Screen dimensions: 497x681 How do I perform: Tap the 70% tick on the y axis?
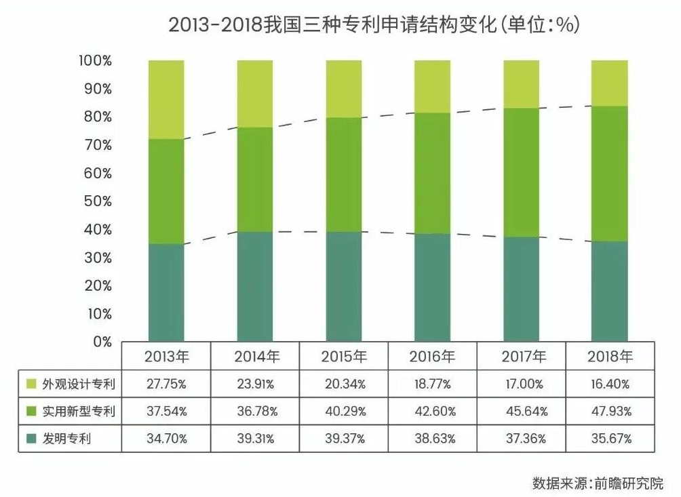(x=96, y=145)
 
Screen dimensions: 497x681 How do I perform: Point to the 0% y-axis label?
(x=102, y=342)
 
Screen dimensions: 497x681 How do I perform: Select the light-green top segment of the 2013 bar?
(x=166, y=99)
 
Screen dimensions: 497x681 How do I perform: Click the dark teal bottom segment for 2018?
(x=609, y=292)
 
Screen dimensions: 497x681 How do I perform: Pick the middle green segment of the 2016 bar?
(x=432, y=173)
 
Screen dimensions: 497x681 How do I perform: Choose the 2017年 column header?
(x=521, y=356)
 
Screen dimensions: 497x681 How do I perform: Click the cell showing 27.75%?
(x=166, y=384)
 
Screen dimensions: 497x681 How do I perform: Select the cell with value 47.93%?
(x=609, y=411)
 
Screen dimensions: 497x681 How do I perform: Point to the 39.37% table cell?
(x=344, y=439)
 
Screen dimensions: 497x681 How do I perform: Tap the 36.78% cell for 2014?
(x=255, y=411)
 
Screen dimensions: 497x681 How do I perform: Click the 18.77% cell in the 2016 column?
(x=432, y=384)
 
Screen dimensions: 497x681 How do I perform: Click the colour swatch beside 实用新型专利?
(x=31, y=411)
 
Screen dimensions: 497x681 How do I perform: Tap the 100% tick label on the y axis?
(x=94, y=61)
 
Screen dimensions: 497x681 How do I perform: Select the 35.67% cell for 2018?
(x=609, y=439)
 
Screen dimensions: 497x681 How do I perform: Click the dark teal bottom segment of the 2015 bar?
(x=344, y=286)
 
